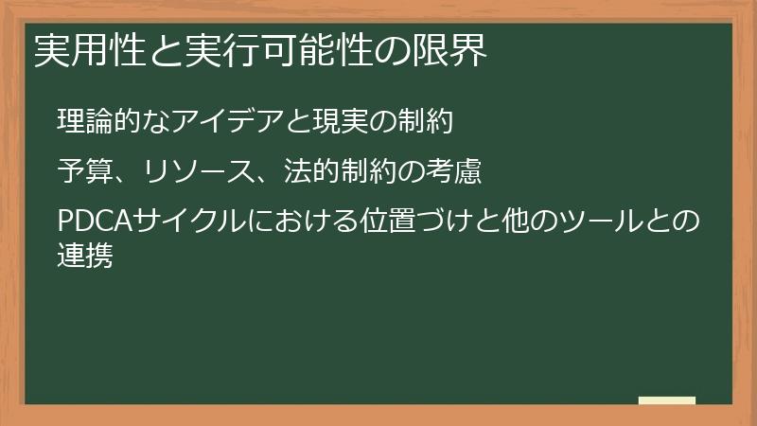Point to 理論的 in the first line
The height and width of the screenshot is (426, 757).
coord(99,122)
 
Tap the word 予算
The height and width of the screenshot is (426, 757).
coord(85,172)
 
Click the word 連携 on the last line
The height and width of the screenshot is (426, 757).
coord(85,254)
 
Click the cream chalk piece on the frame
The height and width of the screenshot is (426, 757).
coord(666,401)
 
